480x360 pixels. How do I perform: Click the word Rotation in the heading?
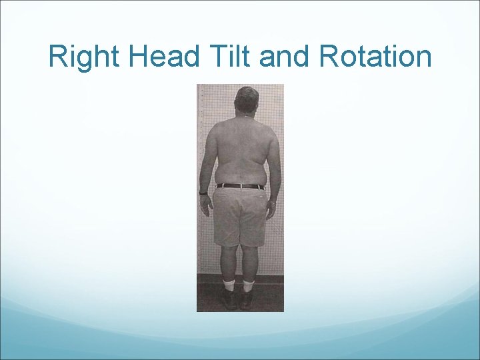pos(375,57)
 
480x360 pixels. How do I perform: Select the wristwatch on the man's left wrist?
pos(203,193)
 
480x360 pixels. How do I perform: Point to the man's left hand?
pos(206,204)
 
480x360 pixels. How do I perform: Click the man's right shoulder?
pos(270,128)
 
